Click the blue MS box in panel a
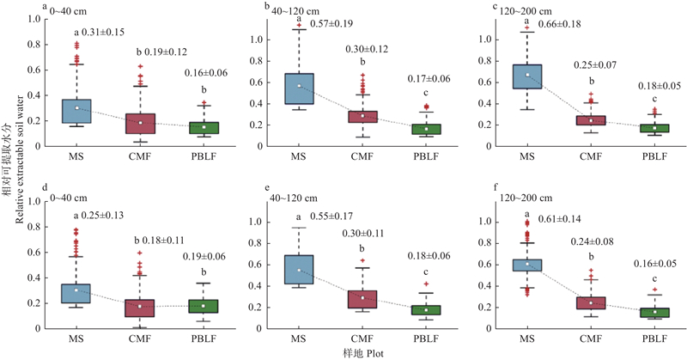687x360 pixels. pyautogui.click(x=76, y=112)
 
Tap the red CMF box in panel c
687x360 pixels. pyautogui.click(x=591, y=120)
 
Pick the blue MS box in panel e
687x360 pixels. pyautogui.click(x=300, y=270)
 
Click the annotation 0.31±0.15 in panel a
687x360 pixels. pyautogui.click(x=106, y=33)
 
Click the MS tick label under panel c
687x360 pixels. pyautogui.click(x=526, y=156)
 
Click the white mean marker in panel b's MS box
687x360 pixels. pyautogui.click(x=300, y=86)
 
